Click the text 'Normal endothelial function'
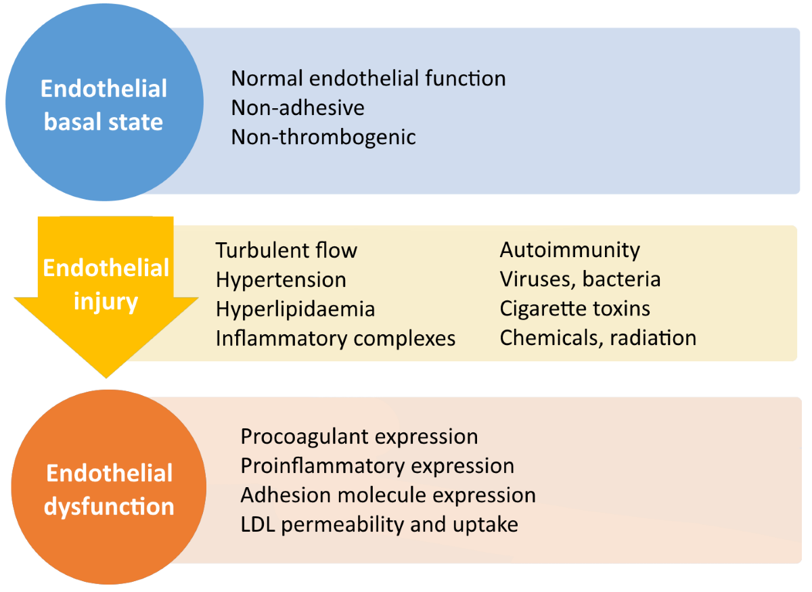click(x=368, y=78)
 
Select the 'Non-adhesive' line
click(x=298, y=108)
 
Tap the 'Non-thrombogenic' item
click(x=323, y=138)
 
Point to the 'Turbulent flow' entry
click(x=286, y=250)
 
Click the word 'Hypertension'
click(x=281, y=281)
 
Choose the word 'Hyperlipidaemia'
click(x=295, y=310)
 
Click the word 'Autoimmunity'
click(x=570, y=251)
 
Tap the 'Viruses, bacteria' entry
click(x=580, y=279)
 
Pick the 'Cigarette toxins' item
click(x=575, y=309)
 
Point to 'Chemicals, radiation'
click(x=598, y=338)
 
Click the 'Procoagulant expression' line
click(x=359, y=437)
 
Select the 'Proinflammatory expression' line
click(x=378, y=467)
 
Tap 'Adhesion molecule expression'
click(x=388, y=495)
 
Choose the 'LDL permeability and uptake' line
click(x=379, y=525)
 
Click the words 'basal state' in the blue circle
click(x=104, y=122)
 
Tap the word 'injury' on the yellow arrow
click(x=106, y=302)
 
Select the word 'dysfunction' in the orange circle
click(x=109, y=507)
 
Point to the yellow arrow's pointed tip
click(x=106, y=378)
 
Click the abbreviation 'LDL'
click(x=258, y=524)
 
